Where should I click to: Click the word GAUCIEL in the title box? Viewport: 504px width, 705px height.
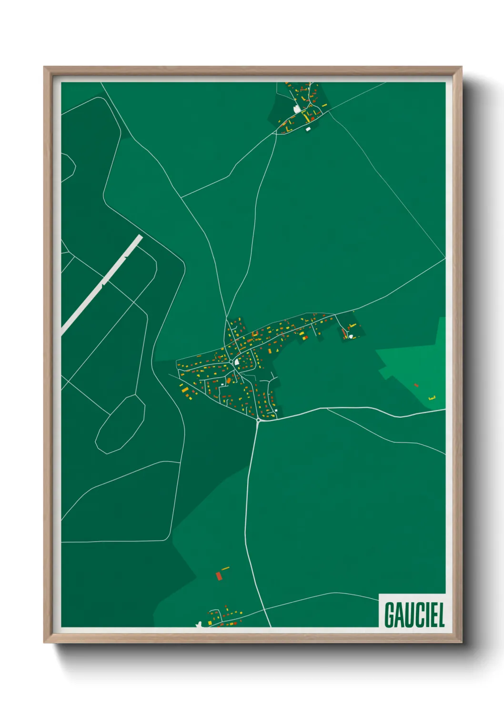click(x=414, y=615)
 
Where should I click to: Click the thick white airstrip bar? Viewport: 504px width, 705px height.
click(x=102, y=284)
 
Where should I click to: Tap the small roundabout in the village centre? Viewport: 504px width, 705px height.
click(x=231, y=362)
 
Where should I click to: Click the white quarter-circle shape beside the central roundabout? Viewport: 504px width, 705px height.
click(x=237, y=362)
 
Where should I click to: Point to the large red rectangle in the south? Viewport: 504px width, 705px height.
click(x=219, y=576)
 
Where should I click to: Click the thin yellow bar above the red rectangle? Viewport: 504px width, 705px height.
click(x=225, y=568)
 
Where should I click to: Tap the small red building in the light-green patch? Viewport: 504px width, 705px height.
click(x=416, y=385)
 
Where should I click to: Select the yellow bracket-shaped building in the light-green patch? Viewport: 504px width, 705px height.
click(x=432, y=398)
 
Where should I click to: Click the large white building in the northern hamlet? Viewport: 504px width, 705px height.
click(x=297, y=109)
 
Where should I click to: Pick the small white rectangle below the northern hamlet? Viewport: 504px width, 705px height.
click(x=308, y=129)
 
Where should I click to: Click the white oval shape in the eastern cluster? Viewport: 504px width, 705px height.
click(x=351, y=336)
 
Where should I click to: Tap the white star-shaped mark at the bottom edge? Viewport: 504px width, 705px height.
click(x=199, y=623)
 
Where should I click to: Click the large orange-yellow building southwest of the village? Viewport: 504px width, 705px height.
click(x=185, y=390)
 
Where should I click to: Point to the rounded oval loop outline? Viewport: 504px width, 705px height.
click(x=120, y=423)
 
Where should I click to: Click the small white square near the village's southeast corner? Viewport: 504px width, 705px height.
click(x=276, y=410)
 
